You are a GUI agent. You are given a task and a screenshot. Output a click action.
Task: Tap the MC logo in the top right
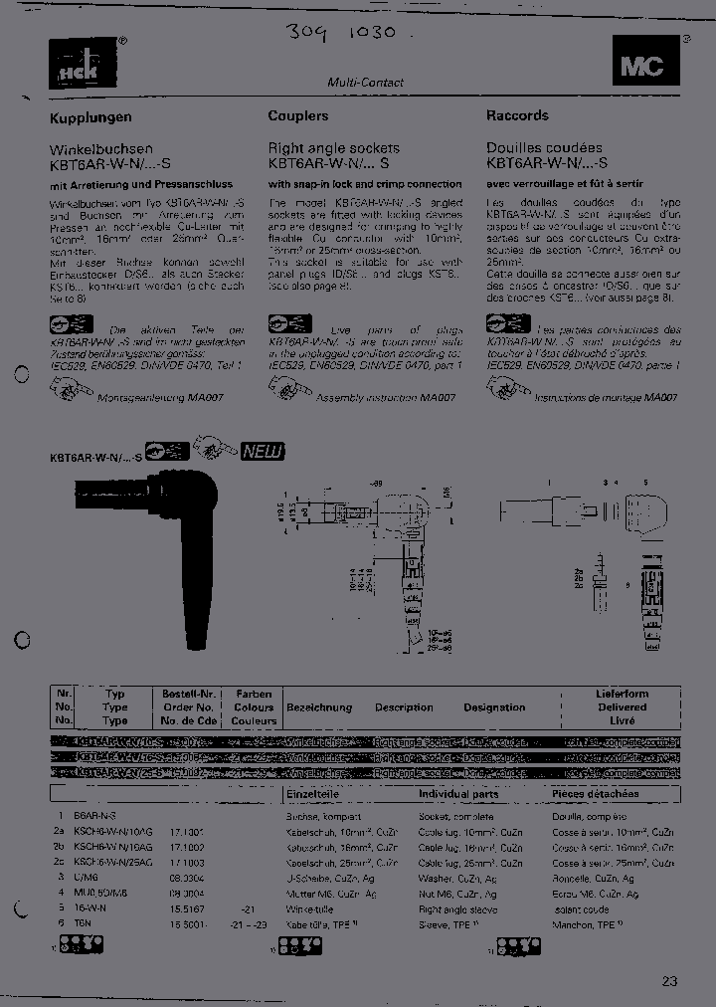pyautogui.click(x=641, y=68)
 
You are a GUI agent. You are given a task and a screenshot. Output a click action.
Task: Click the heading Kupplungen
pyautogui.click(x=90, y=117)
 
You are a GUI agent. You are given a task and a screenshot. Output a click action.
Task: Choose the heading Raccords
pyautogui.click(x=517, y=116)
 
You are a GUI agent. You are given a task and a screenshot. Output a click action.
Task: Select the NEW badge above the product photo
pyautogui.click(x=263, y=452)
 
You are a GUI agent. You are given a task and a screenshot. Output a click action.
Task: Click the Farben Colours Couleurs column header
pyautogui.click(x=254, y=706)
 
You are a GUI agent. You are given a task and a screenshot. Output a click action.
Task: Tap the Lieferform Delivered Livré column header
pyautogui.click(x=622, y=706)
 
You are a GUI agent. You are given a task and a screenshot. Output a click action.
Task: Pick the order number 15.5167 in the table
pyautogui.click(x=188, y=908)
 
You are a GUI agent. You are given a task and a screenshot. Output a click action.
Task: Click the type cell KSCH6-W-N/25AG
pyautogui.click(x=113, y=864)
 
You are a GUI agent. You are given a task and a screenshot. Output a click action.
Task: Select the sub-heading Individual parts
pyautogui.click(x=458, y=794)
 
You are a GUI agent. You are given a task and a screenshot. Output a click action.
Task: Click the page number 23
pyautogui.click(x=669, y=981)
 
